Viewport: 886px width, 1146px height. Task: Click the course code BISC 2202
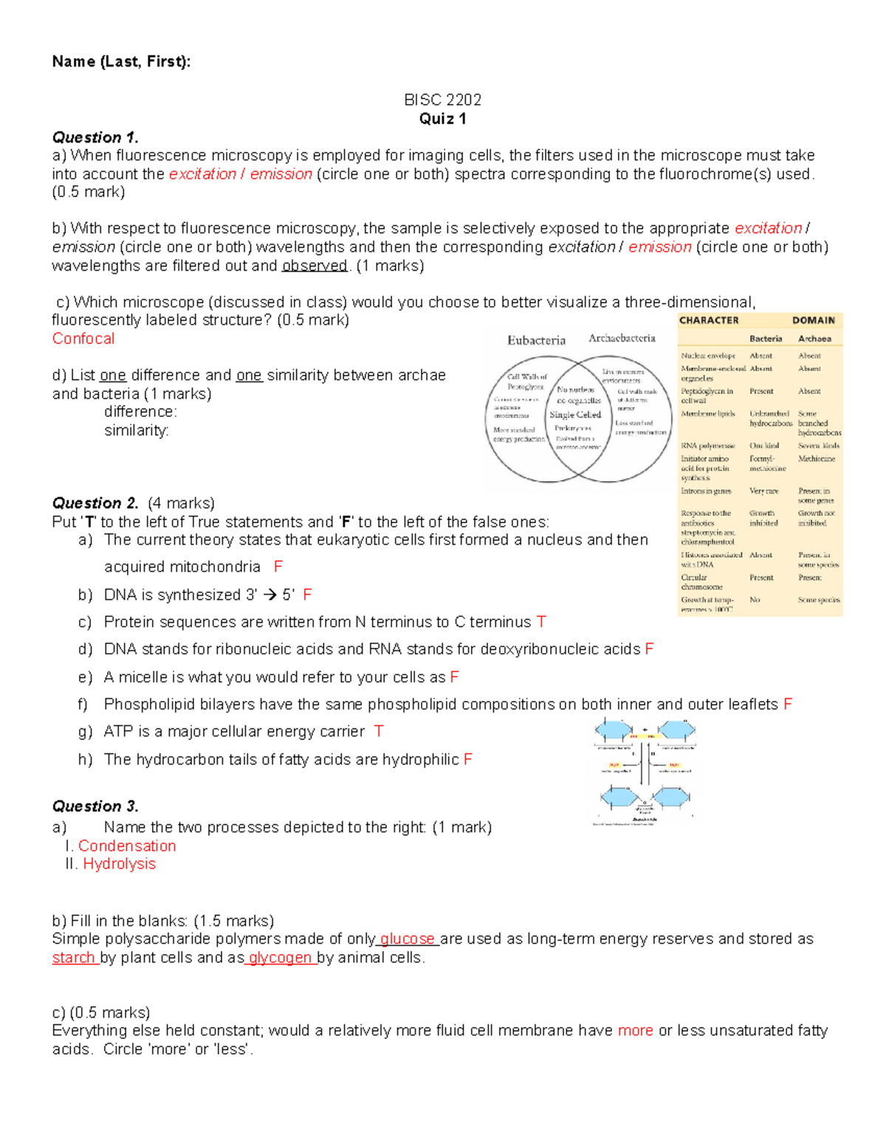point(442,100)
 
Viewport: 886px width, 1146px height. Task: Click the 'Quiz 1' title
point(442,119)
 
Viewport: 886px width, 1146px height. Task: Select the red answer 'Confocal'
point(83,339)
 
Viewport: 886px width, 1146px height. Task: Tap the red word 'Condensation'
point(127,846)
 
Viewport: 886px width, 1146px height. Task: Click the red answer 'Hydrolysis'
point(119,864)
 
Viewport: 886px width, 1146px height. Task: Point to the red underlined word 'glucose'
point(407,939)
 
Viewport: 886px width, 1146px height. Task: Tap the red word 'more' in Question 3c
point(635,1031)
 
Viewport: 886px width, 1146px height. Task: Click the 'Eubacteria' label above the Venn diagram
point(536,340)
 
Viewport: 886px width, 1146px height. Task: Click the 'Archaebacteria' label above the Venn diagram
point(622,338)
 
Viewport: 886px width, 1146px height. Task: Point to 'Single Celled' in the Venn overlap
point(575,415)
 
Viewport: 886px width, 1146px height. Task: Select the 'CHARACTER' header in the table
point(709,320)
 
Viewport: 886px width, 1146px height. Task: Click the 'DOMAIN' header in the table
point(814,320)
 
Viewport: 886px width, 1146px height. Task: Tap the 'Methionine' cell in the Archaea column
point(817,459)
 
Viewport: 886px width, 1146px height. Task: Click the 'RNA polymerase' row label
point(707,446)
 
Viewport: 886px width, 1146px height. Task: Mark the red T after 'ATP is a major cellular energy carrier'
point(379,732)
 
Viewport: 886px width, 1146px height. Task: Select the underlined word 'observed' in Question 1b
point(315,266)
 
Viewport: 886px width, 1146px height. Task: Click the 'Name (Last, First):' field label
point(121,62)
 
